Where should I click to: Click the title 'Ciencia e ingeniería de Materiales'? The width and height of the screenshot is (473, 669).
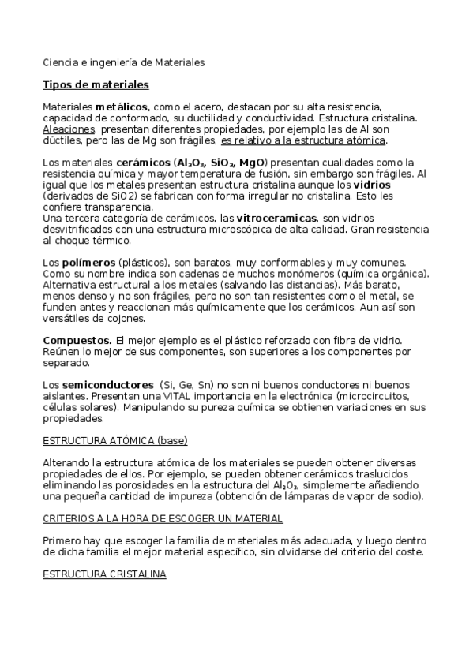click(x=123, y=61)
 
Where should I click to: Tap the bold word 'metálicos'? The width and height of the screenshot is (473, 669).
click(x=122, y=106)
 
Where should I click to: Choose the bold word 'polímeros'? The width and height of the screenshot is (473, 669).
click(x=86, y=262)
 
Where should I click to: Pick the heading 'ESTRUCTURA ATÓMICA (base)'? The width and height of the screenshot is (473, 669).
click(x=114, y=439)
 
